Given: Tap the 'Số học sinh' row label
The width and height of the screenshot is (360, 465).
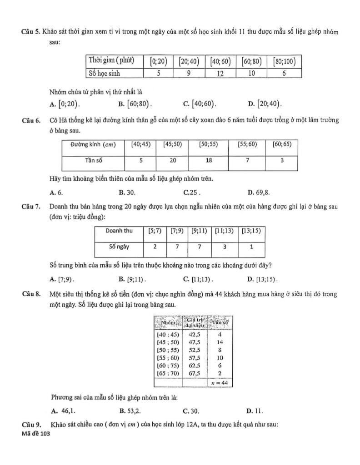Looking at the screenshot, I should pyautogui.click(x=105, y=73).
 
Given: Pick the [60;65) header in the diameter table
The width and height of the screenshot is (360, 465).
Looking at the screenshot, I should pyautogui.click(x=282, y=145).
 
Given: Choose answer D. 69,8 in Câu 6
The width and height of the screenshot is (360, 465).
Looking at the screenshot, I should pyautogui.click(x=258, y=192).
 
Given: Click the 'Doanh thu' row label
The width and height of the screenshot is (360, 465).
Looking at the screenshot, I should pyautogui.click(x=119, y=231).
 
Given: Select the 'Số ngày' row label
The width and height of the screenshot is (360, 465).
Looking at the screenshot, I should pyautogui.click(x=119, y=247).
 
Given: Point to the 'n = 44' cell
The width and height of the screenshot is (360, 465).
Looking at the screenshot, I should pyautogui.click(x=220, y=383).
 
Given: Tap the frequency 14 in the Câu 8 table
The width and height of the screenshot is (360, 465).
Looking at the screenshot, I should pyautogui.click(x=220, y=342).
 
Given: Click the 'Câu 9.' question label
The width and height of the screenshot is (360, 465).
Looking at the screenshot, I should pyautogui.click(x=31, y=425).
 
